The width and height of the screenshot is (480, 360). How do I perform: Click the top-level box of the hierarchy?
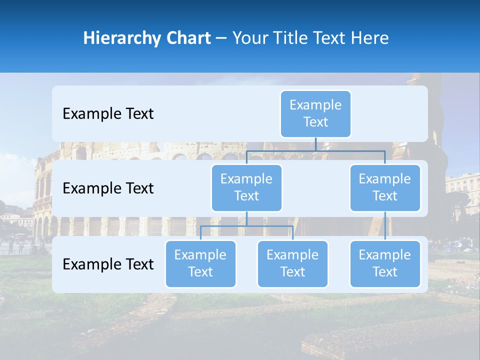(315, 114)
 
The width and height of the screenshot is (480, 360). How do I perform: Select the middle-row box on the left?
(246, 188)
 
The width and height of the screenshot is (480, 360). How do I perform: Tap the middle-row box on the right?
(385, 188)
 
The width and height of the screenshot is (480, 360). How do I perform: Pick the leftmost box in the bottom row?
(200, 264)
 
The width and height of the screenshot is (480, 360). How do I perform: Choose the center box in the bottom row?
(292, 264)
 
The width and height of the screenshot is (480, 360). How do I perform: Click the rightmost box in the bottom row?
(385, 264)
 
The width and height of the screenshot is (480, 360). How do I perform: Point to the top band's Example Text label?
(108, 114)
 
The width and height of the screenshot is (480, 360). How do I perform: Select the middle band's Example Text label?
(108, 188)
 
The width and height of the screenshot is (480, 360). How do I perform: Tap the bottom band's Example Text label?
(108, 264)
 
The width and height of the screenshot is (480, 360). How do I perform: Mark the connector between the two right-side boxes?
(385, 226)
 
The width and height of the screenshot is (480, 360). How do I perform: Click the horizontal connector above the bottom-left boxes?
(246, 226)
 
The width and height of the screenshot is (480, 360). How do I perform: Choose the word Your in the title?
(249, 38)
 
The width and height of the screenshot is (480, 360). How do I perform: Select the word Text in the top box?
(315, 122)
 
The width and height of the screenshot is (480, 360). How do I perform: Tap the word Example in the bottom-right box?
(385, 255)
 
